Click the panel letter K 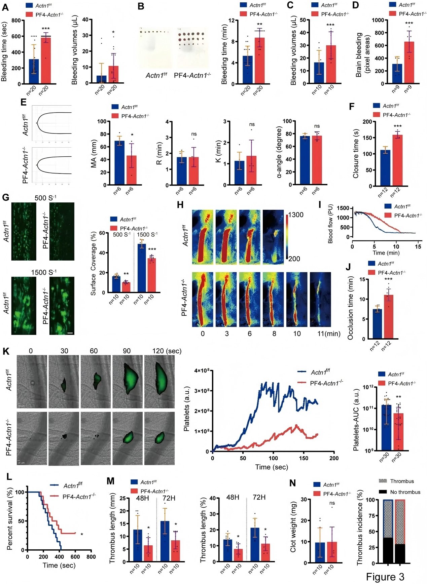click(x=6, y=351)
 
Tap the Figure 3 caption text click(x=385, y=577)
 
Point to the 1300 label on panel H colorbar click(x=296, y=215)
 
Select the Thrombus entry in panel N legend click(x=402, y=481)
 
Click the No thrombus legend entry click(x=405, y=492)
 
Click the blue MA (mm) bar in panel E click(x=119, y=163)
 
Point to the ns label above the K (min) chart click(x=252, y=124)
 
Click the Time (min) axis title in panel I click(x=386, y=253)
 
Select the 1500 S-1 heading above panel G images click(x=44, y=272)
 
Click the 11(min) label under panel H click(x=329, y=334)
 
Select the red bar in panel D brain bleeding click(x=409, y=63)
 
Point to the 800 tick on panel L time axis click(x=91, y=556)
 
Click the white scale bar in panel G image click(x=70, y=333)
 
